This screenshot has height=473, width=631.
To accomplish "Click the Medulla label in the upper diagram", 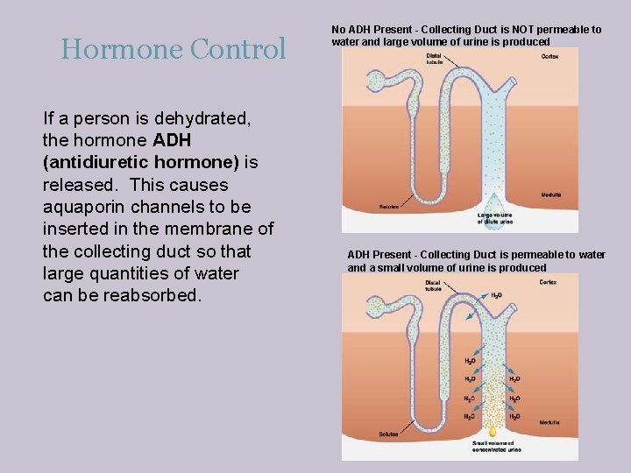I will point(551,194).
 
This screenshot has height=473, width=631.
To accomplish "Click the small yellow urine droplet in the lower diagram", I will point(493,431).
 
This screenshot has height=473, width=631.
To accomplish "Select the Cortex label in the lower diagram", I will point(548,282).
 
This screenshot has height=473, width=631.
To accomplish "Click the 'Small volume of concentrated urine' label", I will point(496,447).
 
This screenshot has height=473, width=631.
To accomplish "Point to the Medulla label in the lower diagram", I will point(550,422).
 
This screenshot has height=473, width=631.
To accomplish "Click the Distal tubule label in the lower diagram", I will point(433,286).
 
